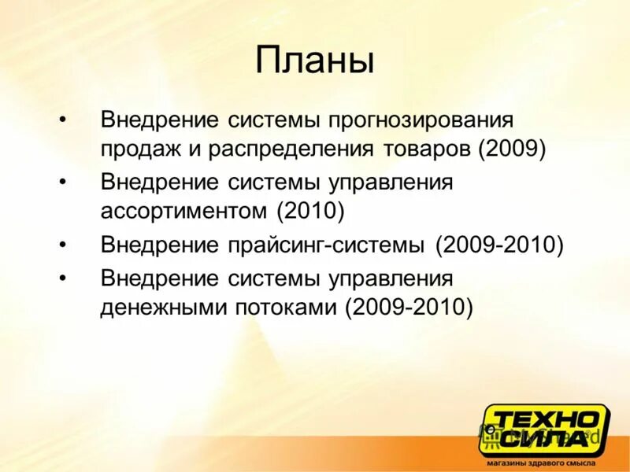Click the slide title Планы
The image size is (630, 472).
coord(315,61)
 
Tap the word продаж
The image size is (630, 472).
coord(137,149)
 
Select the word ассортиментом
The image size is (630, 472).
coord(184,212)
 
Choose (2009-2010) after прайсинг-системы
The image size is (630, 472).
coord(499,245)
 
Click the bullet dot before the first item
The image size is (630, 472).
coord(63,121)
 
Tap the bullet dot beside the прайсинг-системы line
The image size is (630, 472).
coord(63,245)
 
